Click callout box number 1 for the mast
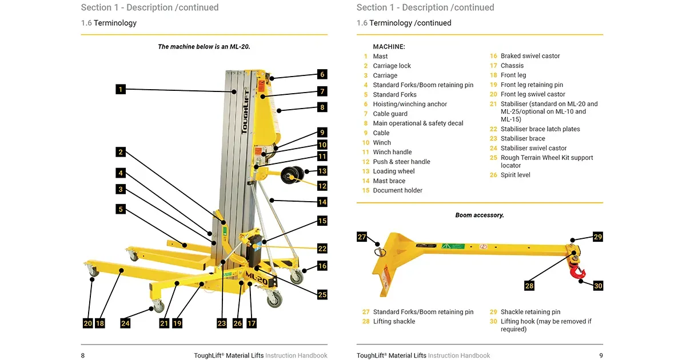point(120,89)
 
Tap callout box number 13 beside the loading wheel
point(322,171)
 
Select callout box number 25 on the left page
point(322,295)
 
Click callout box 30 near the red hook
point(598,286)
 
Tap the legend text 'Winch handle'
point(392,152)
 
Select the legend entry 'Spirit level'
point(515,175)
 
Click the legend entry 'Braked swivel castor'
point(530,56)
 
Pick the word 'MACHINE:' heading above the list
point(389,46)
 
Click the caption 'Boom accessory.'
point(479,215)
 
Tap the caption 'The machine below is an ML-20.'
point(204,47)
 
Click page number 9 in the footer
point(601,355)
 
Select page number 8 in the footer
point(83,355)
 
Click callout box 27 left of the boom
point(362,237)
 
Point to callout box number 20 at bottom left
point(87,323)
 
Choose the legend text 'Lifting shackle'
point(394,322)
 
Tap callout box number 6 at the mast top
point(322,74)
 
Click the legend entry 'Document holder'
point(397,190)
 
